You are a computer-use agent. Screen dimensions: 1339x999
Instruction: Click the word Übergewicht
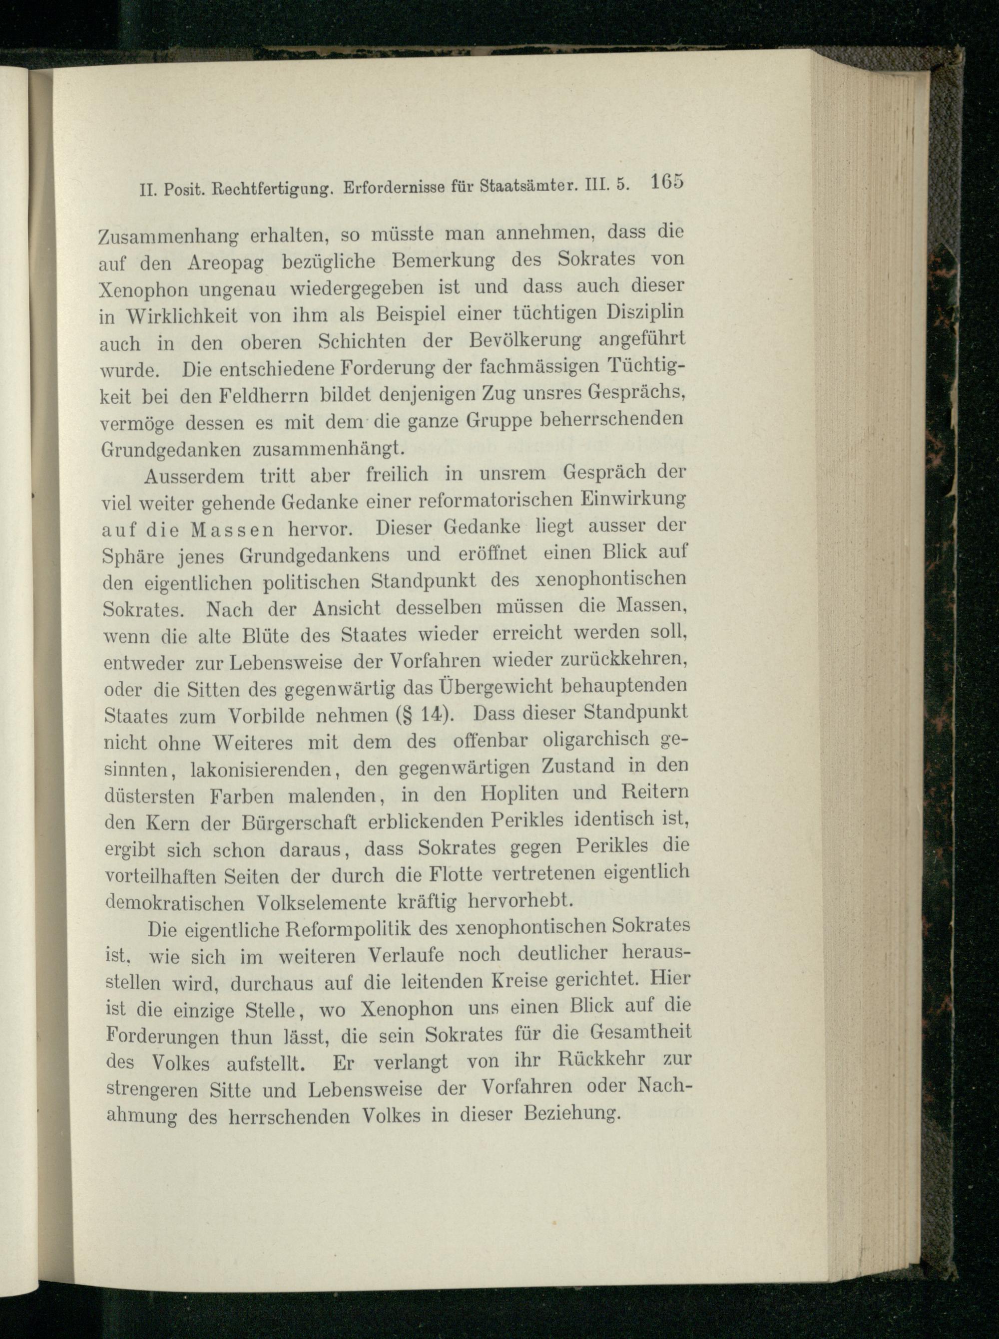pyautogui.click(x=488, y=688)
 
